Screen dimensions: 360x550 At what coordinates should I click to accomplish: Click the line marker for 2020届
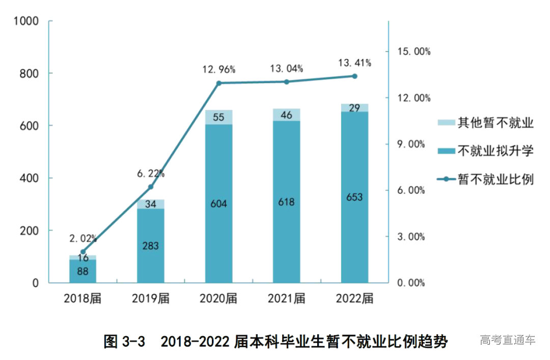(219, 83)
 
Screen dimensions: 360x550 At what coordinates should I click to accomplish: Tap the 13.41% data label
(354, 63)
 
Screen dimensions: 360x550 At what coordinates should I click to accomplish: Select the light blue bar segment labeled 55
(219, 117)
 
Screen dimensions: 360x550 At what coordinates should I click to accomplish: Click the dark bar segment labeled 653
(354, 197)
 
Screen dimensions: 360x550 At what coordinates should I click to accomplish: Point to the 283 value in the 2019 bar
(151, 246)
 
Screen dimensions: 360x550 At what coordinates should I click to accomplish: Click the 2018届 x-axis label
(82, 298)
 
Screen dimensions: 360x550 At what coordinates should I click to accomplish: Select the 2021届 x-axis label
(287, 298)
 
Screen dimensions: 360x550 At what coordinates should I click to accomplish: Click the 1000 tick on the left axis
(26, 21)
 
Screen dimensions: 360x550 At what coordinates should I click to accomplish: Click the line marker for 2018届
(83, 252)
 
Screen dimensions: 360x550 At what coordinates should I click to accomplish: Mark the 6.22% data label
(151, 174)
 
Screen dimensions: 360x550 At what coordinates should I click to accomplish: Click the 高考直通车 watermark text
(508, 340)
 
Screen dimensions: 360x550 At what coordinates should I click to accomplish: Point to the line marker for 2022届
(354, 76)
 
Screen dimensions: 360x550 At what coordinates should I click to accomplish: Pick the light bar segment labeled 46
(287, 115)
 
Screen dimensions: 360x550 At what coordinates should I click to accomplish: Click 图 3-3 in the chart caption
(125, 341)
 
